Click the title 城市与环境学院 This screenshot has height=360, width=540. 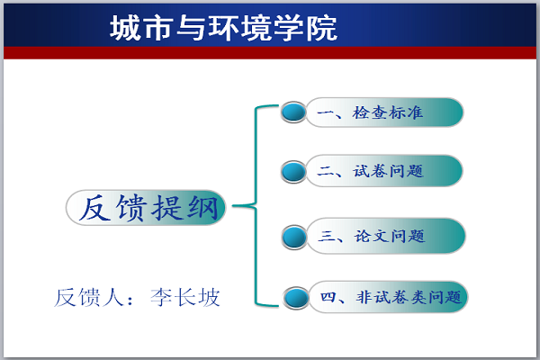(223, 28)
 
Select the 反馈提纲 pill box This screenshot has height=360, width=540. (146, 207)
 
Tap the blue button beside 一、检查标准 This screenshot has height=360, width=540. (293, 112)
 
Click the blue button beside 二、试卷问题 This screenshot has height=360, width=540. (293, 172)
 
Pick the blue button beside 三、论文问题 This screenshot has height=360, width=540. (294, 237)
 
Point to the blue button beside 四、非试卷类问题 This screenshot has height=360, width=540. (296, 298)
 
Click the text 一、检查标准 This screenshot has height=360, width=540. (370, 113)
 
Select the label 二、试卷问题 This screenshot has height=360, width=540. (370, 171)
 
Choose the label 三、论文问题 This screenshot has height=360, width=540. (372, 237)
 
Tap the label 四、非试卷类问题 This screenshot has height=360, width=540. (391, 297)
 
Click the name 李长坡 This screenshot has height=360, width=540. (185, 297)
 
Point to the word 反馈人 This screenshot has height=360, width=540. (89, 297)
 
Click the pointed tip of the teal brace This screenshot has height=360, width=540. (233, 206)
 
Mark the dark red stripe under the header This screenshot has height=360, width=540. (270, 53)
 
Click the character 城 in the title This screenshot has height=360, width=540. (124, 28)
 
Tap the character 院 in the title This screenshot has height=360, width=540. (322, 28)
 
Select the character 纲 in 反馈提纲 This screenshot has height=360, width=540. (202, 208)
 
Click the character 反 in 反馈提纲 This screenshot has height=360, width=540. (94, 208)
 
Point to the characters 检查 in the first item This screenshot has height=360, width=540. (370, 113)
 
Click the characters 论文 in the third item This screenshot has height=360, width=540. (372, 237)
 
